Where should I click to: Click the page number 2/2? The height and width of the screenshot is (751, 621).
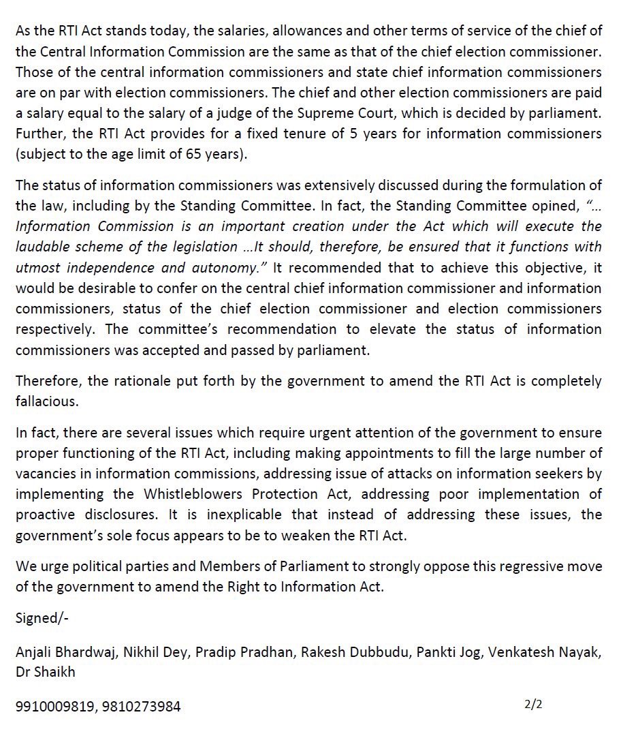(x=533, y=704)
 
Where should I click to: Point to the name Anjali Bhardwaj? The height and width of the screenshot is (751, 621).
(x=63, y=653)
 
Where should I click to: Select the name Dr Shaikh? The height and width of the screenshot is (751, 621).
(x=45, y=671)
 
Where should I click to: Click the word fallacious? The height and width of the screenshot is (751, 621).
(x=45, y=401)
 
